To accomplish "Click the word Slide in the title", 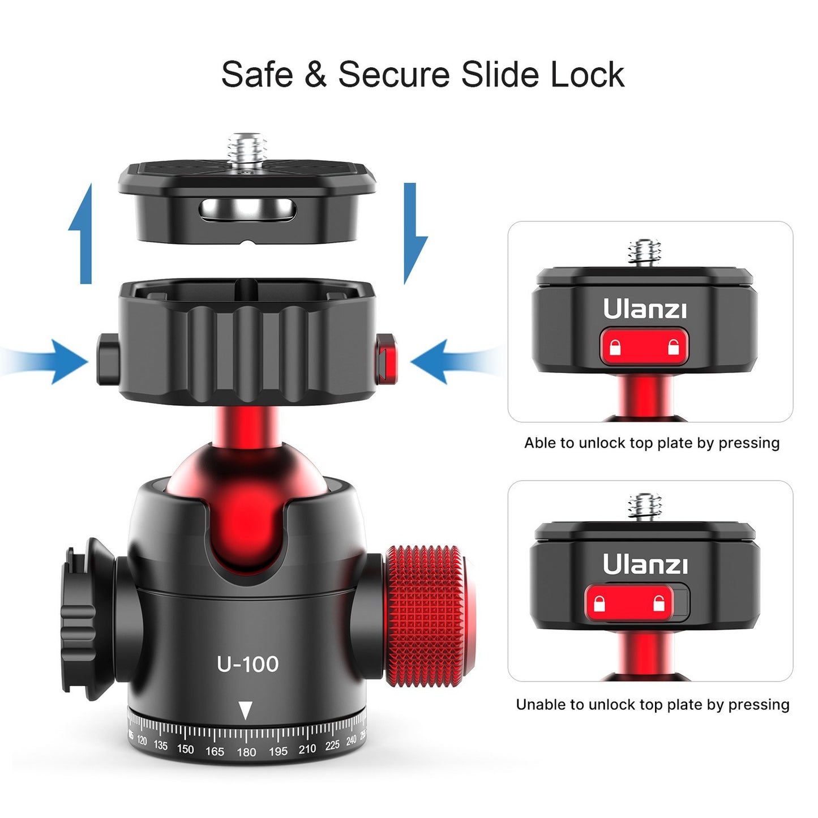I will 498,74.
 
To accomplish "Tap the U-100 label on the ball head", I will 247,664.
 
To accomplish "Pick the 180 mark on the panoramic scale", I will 246,752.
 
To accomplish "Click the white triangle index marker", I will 245,710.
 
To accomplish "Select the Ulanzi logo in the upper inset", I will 644,309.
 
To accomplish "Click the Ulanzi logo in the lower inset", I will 644,564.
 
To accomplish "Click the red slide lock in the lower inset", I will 629,604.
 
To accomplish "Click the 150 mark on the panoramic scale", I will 185,750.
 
